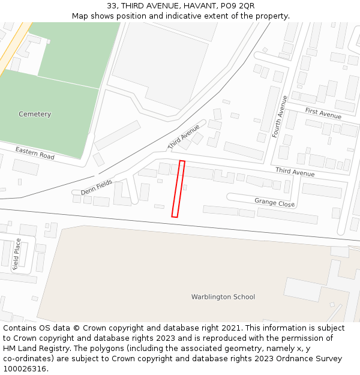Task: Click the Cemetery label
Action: click(35, 114)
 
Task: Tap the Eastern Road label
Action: click(35, 153)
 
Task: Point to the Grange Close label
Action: click(274, 203)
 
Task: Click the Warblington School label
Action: click(223, 297)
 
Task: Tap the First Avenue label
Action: click(323, 113)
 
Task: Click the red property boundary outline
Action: click(178, 188)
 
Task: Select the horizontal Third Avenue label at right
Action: click(295, 173)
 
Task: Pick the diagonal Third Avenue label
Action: click(184, 137)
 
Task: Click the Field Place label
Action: click(17, 254)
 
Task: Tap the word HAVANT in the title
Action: click(184, 6)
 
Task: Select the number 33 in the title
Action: click(112, 6)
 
